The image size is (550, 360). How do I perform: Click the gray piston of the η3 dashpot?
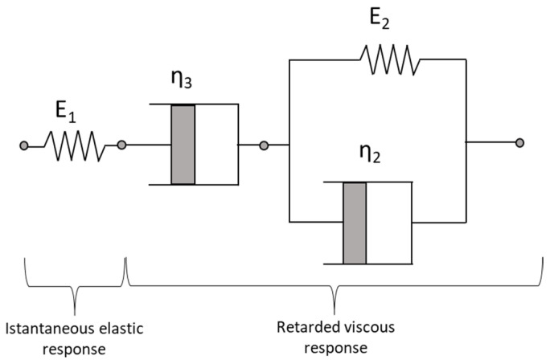click(183, 145)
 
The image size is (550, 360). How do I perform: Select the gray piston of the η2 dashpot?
click(355, 223)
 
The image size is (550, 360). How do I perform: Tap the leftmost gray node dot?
click(25, 145)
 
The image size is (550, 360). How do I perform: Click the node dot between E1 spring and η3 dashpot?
click(121, 145)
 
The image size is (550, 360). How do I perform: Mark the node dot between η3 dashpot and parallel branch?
click(264, 145)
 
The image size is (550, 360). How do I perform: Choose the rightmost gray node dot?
click(520, 143)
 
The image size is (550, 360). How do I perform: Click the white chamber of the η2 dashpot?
click(389, 223)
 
